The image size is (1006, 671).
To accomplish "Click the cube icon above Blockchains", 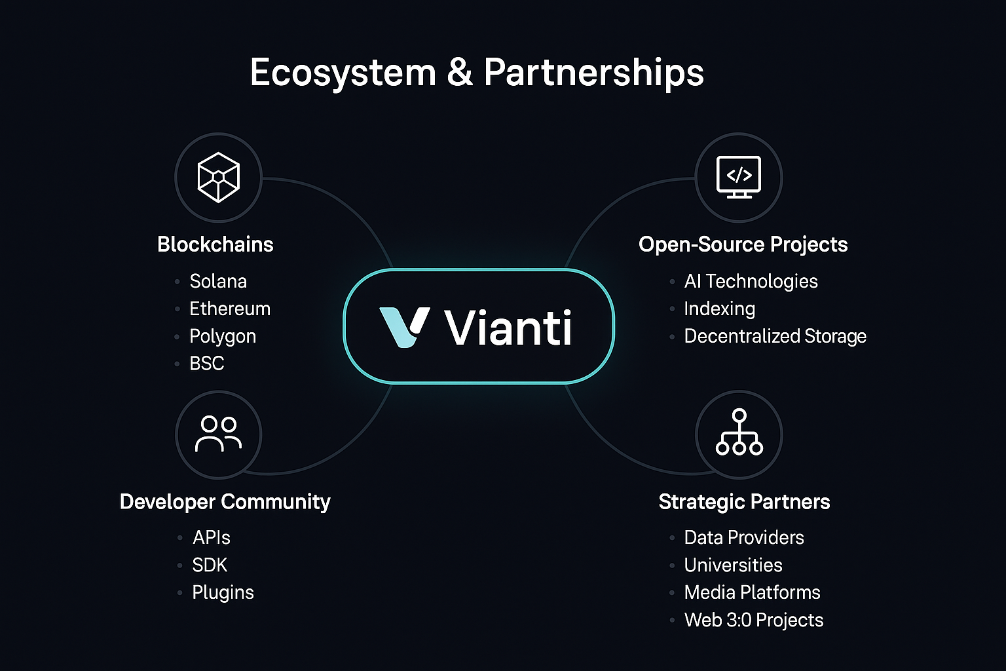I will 218,178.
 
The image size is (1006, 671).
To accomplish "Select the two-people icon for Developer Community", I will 218,434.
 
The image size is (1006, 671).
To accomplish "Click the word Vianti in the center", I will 508,328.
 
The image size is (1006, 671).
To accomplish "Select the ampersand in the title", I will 460,72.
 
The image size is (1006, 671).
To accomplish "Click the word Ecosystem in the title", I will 343,73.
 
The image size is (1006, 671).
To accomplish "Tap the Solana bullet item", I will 218,281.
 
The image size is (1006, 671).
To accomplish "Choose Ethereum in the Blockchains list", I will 230,309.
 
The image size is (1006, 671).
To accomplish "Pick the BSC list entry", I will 207,363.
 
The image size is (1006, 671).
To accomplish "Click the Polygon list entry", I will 223,336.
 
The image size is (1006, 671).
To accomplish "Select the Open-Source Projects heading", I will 743,244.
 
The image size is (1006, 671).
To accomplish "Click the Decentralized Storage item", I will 775,336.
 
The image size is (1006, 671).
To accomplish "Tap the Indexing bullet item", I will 719,309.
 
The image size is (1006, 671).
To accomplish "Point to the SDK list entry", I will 210,565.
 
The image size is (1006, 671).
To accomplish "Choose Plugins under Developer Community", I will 223,592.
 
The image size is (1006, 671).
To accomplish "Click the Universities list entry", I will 733,565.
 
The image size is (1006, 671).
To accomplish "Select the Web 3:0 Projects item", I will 753,620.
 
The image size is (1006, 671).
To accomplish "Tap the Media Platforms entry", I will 752,592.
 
